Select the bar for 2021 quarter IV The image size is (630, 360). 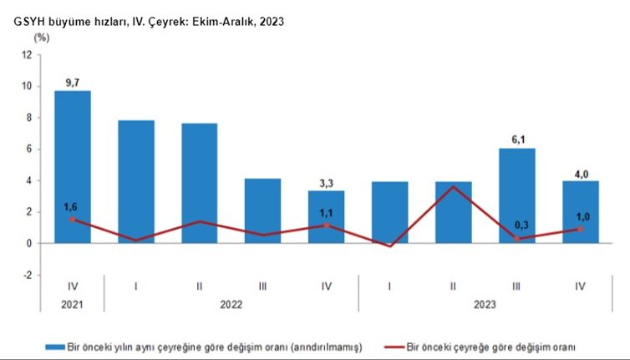click(73, 167)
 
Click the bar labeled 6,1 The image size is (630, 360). click(516, 195)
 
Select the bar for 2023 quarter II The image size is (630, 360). click(453, 212)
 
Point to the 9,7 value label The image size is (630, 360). click(73, 82)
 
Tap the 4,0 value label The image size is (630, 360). click(580, 173)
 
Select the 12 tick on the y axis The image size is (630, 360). click(28, 54)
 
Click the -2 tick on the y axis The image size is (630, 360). click(27, 275)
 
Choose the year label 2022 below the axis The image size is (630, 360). click(231, 305)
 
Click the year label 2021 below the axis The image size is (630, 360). click(73, 305)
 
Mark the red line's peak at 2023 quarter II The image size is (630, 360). click(453, 186)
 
